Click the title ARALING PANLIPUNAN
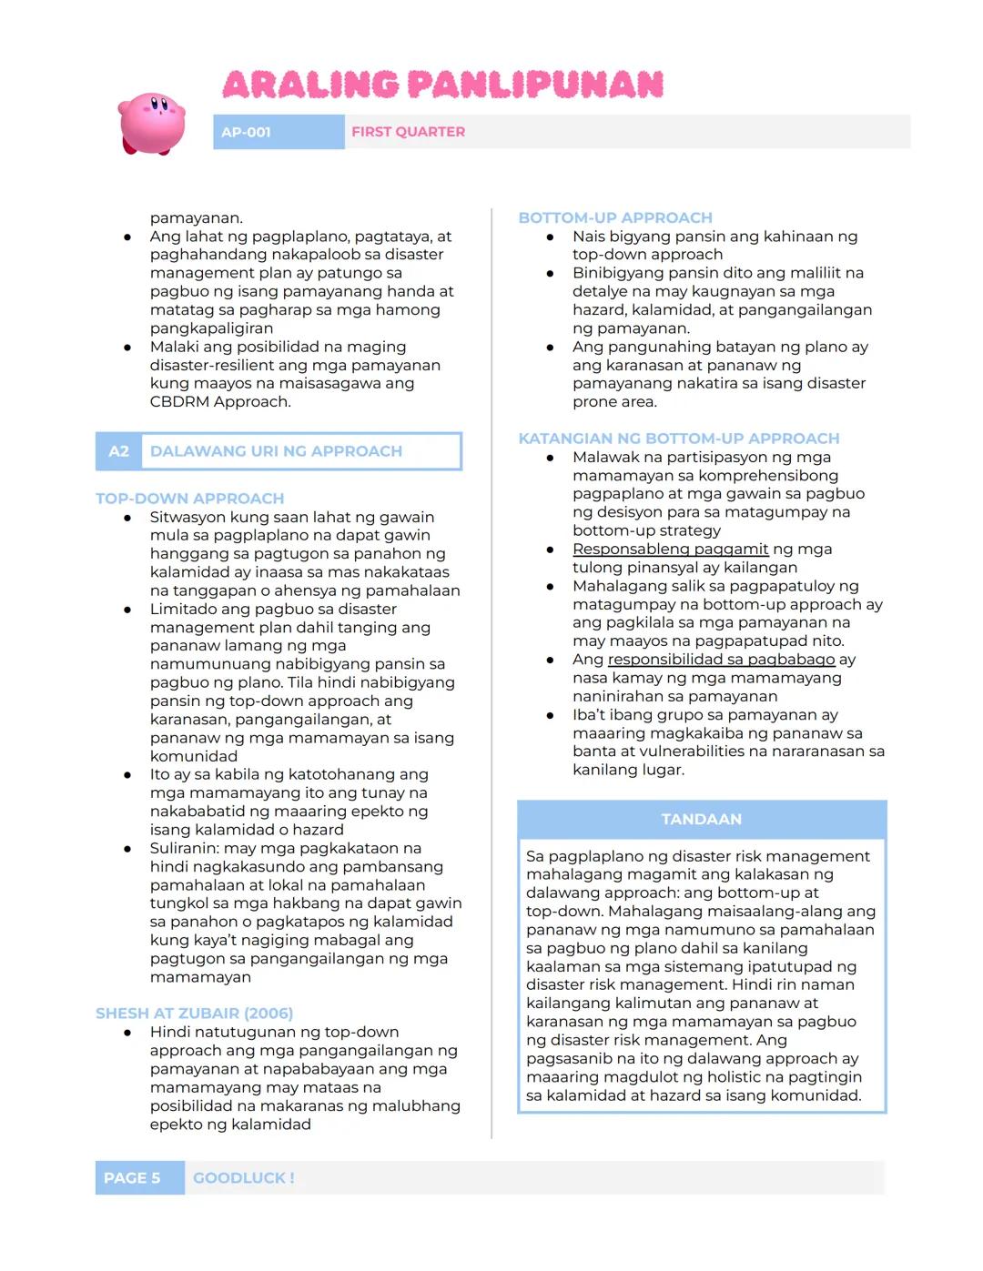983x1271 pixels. click(x=443, y=85)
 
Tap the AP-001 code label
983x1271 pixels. click(x=246, y=132)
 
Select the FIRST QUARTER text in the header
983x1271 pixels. click(x=408, y=132)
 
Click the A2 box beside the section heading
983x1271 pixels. click(x=118, y=451)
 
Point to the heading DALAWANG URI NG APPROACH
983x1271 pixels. click(x=276, y=451)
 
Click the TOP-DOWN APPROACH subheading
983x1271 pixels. click(x=189, y=499)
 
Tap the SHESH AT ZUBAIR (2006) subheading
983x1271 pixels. click(x=194, y=1014)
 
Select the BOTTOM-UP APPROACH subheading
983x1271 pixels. click(x=615, y=217)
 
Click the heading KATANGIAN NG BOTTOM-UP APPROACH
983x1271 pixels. click(x=678, y=439)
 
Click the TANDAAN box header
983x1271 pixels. click(x=701, y=819)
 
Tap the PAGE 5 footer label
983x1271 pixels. click(x=132, y=1178)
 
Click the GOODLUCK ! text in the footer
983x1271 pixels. click(x=243, y=1178)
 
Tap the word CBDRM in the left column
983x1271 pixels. click(x=179, y=401)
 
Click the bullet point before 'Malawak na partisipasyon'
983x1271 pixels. click(x=551, y=458)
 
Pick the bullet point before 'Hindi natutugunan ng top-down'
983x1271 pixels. click(x=128, y=1033)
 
